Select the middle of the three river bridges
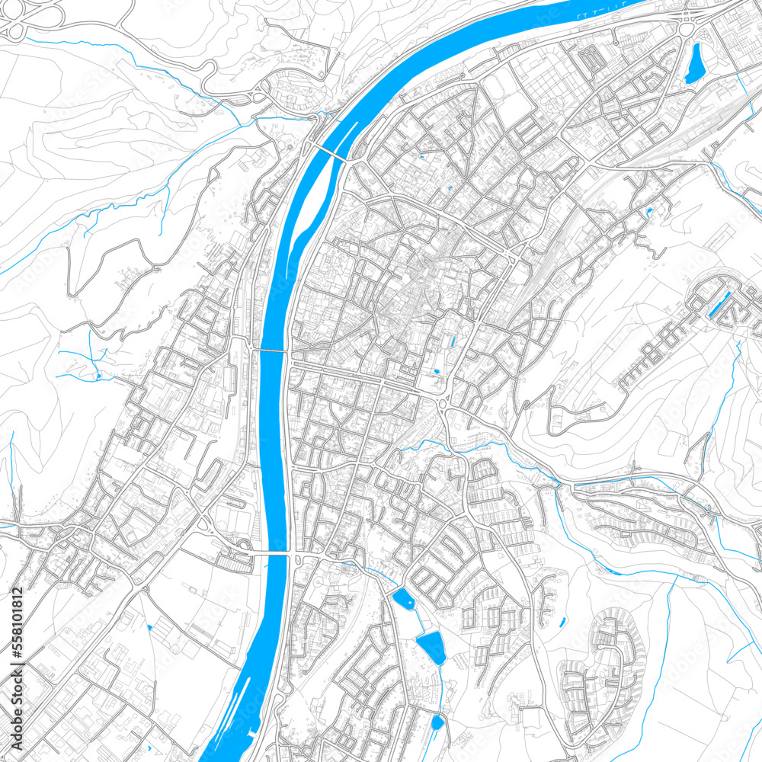(x=272, y=351)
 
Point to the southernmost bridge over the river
(x=271, y=554)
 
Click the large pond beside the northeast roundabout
(x=695, y=63)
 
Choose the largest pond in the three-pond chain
(x=431, y=646)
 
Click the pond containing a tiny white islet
(x=403, y=600)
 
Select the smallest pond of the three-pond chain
(x=437, y=721)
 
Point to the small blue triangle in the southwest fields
(x=150, y=626)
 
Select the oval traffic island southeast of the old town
(x=443, y=403)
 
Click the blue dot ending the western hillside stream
(x=98, y=376)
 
